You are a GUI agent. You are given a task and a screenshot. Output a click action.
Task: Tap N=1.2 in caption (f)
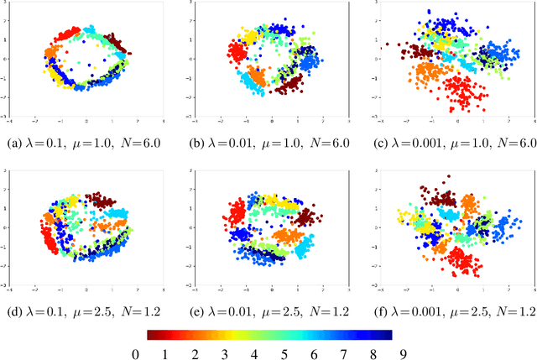(x=513, y=310)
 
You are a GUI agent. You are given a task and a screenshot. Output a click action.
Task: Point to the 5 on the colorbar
(x=284, y=352)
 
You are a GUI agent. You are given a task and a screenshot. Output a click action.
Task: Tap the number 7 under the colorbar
(x=342, y=352)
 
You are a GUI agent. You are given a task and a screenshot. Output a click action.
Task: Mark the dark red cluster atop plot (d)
(x=103, y=201)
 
